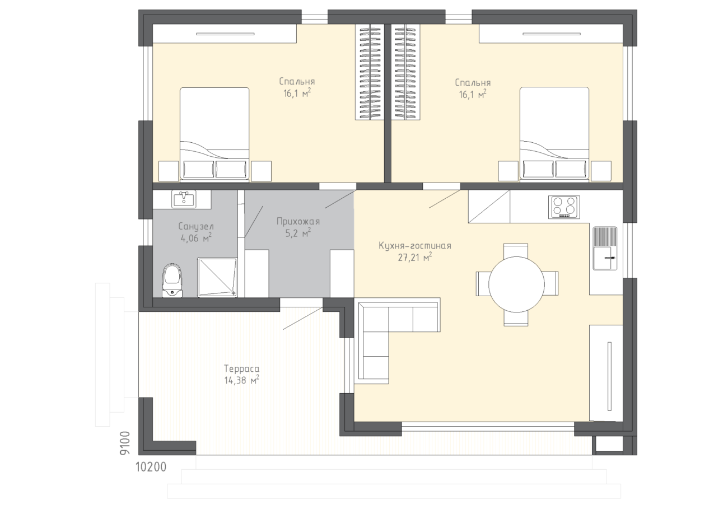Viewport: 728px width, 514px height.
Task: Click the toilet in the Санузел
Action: coord(172,281)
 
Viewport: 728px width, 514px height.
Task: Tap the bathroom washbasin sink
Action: coord(184,199)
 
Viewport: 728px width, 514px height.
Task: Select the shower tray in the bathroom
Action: coord(217,277)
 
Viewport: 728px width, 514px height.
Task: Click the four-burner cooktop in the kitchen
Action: coord(564,207)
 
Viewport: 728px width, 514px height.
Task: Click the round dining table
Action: coord(516,284)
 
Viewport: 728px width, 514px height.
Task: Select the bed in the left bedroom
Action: coord(214,133)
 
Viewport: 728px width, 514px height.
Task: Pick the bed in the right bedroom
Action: coord(554,133)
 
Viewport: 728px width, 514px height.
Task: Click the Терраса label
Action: coord(241,369)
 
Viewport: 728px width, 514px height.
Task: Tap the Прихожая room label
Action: coord(298,222)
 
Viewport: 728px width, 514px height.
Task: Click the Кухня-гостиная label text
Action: coord(415,246)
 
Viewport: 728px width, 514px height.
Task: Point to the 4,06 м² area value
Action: coord(196,238)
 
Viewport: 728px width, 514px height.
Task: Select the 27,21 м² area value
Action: coord(415,258)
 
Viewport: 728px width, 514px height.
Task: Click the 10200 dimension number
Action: coord(151,467)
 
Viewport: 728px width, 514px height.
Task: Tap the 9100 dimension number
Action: coord(125,443)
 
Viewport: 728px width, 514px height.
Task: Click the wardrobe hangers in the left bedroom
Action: coord(370,72)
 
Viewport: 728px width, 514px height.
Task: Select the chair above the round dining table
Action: coord(516,250)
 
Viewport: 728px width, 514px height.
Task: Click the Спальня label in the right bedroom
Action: coord(473,82)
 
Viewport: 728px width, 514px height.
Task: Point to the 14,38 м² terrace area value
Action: coord(241,380)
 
